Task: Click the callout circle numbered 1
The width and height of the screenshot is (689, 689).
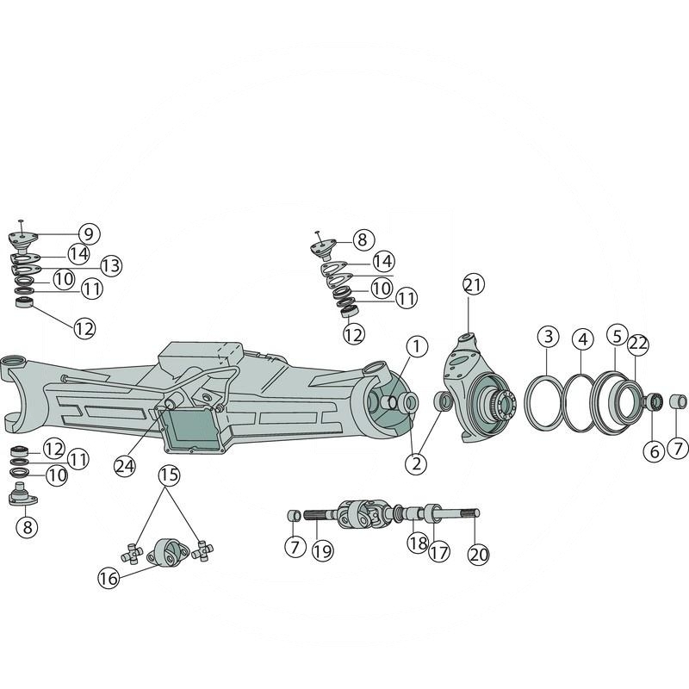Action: tap(417, 347)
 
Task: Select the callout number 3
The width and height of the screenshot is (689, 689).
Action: tap(549, 338)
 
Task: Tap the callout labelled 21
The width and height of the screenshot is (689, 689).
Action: tap(473, 285)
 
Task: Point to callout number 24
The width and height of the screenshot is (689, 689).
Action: tap(125, 466)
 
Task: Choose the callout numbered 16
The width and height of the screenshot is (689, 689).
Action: tap(109, 578)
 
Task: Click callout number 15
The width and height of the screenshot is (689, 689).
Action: tap(170, 475)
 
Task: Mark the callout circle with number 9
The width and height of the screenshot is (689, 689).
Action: tap(90, 233)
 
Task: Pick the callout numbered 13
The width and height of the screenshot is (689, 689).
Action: tap(111, 265)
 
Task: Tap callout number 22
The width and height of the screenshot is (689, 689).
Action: tap(638, 344)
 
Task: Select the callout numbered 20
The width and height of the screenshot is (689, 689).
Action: tap(479, 555)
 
